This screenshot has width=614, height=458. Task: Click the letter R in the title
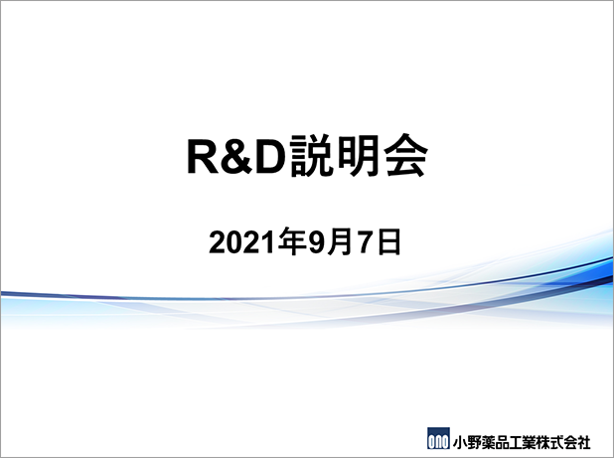(x=203, y=156)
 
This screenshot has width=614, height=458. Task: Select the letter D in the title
(x=270, y=156)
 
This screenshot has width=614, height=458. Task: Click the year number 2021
(x=242, y=242)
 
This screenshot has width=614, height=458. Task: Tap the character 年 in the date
(x=292, y=242)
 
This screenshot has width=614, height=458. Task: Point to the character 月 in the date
(x=340, y=242)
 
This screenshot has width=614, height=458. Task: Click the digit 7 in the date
(x=364, y=242)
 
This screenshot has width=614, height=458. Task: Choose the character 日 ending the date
(x=387, y=242)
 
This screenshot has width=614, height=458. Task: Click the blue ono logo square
(x=438, y=438)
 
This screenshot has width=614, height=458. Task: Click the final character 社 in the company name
(x=583, y=442)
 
